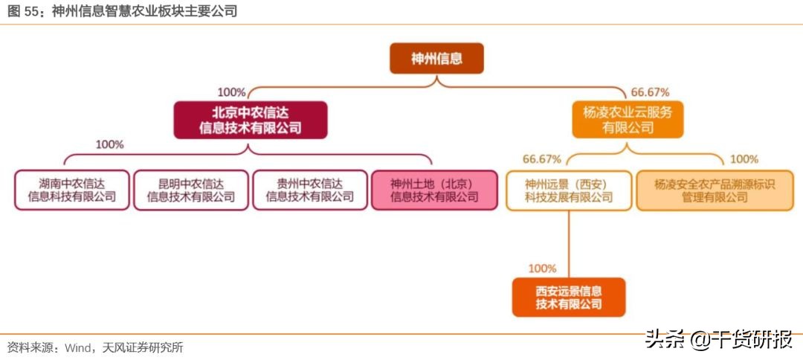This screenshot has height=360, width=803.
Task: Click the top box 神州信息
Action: pyautogui.click(x=436, y=59)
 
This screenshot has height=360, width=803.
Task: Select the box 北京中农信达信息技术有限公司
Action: pyautogui.click(x=251, y=120)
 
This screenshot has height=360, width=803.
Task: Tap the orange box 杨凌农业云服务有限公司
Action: pyautogui.click(x=628, y=120)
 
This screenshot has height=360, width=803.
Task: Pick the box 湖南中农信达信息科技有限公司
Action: pyautogui.click(x=72, y=190)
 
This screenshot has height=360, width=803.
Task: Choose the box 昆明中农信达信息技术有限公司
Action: pyautogui.click(x=191, y=190)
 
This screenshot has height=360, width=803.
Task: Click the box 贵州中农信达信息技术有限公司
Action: pyautogui.click(x=310, y=190)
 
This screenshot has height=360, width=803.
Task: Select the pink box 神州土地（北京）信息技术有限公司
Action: pyautogui.click(x=434, y=190)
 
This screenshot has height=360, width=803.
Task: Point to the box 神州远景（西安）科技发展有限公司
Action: pyautogui.click(x=568, y=190)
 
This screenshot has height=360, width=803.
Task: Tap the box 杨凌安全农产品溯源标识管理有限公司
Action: pyautogui.click(x=715, y=190)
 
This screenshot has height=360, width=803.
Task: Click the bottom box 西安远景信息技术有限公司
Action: pyautogui.click(x=569, y=297)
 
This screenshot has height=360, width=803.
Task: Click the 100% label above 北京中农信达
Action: pyautogui.click(x=231, y=92)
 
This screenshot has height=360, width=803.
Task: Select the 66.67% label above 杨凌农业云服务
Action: pyautogui.click(x=650, y=92)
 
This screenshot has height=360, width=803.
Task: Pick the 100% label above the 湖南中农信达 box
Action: pyautogui.click(x=109, y=144)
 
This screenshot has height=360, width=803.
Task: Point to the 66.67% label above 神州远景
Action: pyautogui.click(x=541, y=158)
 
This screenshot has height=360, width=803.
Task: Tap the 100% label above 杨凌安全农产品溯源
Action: pyautogui.click(x=744, y=158)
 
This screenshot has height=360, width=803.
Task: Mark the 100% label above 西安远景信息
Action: pyautogui.click(x=542, y=268)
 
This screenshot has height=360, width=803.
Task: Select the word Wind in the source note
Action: pyautogui.click(x=79, y=347)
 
